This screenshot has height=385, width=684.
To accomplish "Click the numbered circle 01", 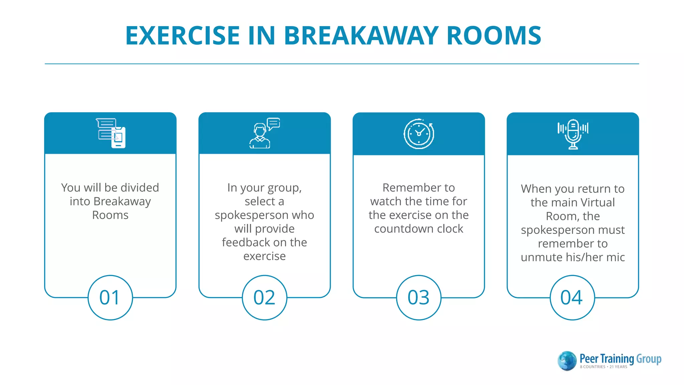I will (110, 297).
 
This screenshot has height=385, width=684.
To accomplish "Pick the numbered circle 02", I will (265, 297).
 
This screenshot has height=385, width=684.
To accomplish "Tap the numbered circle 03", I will (418, 297).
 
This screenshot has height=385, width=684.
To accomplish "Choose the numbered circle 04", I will (572, 297).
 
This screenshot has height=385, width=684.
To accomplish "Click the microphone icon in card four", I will (573, 134).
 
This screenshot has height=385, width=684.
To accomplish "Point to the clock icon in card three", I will (419, 134).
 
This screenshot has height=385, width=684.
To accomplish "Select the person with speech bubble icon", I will (264, 134).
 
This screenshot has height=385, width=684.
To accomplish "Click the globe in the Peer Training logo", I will (567, 361).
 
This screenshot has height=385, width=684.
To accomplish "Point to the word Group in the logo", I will (649, 359).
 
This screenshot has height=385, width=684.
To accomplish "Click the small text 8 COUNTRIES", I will (592, 367).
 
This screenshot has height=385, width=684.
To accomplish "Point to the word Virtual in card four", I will (597, 203).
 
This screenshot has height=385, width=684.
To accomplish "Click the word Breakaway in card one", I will (122, 202).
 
